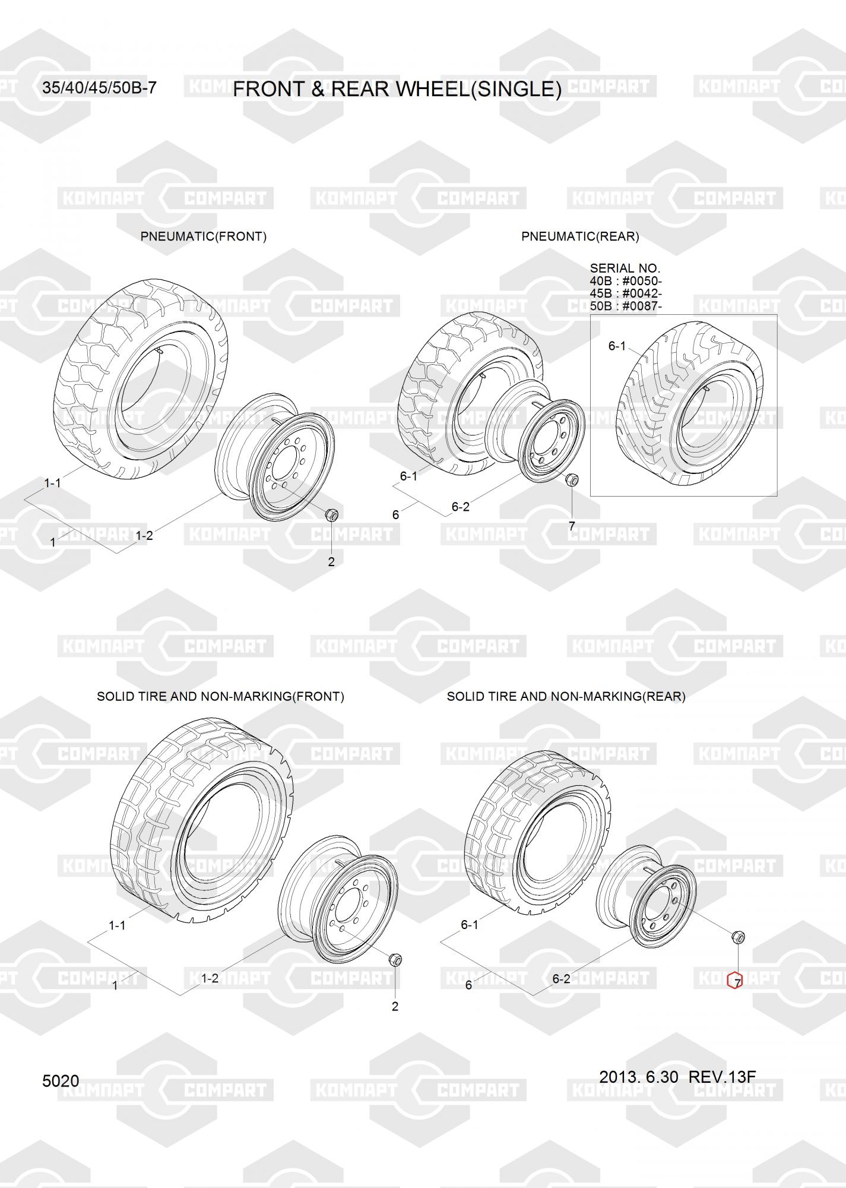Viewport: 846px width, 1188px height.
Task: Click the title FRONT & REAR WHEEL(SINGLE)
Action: pos(397,89)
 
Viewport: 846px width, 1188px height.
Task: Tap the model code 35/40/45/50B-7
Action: pos(99,88)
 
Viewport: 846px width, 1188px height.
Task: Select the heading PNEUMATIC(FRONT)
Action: pos(204,236)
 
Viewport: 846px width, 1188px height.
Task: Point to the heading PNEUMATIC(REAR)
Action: pos(580,236)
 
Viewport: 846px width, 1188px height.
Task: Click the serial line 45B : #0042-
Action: pos(626,293)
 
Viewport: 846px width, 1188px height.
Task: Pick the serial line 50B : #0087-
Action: pos(626,306)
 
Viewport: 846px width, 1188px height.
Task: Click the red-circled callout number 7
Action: pos(735,984)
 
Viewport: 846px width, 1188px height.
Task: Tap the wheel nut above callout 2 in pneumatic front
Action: pos(332,514)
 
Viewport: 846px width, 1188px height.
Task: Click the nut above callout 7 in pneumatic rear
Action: pos(572,479)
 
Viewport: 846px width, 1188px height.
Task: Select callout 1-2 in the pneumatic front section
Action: pos(144,536)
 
